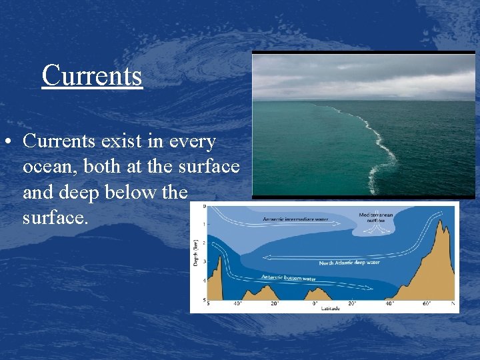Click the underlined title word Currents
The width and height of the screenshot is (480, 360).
coord(92,75)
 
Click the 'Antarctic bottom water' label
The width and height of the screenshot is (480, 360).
coord(289,277)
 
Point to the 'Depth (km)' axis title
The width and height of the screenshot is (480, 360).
coord(195,254)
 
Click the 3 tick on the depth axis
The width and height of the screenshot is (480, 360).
coord(203,262)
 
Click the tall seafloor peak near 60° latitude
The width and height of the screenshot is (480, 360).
coord(441,240)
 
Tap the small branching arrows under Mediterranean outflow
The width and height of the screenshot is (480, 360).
coord(377,228)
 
